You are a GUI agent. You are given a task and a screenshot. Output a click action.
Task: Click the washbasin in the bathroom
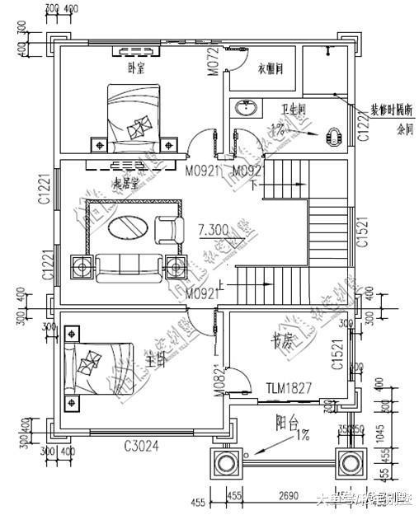[244, 108]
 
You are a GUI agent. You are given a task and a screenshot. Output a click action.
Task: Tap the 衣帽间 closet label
[271, 68]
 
